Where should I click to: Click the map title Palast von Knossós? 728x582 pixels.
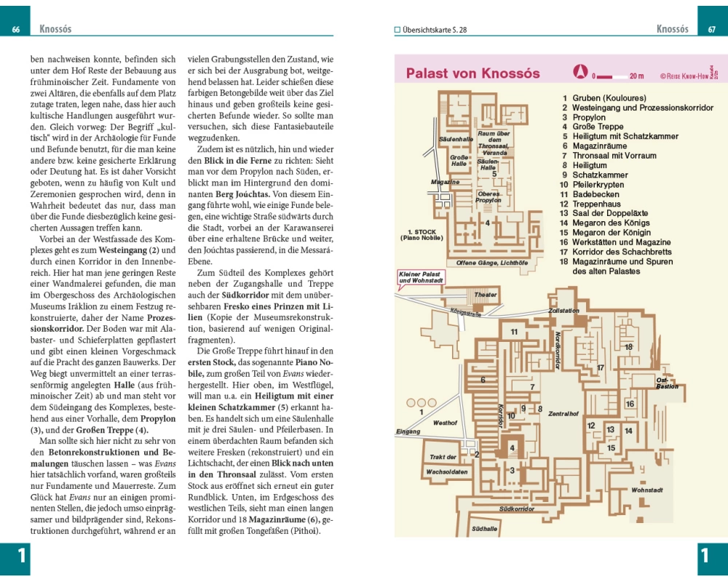click(x=472, y=73)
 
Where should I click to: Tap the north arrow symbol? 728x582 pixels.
click(x=580, y=72)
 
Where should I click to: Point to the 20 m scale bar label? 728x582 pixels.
click(x=636, y=76)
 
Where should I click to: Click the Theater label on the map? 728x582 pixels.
click(x=486, y=295)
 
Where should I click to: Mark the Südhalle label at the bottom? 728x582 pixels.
click(x=484, y=528)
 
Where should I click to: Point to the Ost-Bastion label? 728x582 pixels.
click(x=667, y=383)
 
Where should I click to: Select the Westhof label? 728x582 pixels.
click(x=445, y=423)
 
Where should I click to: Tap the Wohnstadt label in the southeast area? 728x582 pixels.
click(x=646, y=490)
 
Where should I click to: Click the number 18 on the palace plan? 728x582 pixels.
click(x=628, y=347)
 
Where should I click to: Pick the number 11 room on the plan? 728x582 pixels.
click(x=514, y=332)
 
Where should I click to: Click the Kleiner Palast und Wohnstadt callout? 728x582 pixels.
click(x=421, y=277)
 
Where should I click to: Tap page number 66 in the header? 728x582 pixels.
click(x=16, y=30)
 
